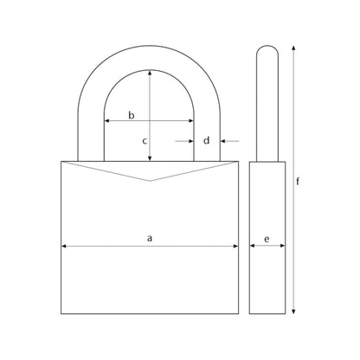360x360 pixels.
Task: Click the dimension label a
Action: coord(149,236)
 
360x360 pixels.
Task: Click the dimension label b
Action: coord(132,114)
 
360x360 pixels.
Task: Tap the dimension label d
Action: coord(206,139)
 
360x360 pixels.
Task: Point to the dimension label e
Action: coord(267,236)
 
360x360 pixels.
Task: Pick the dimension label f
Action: coord(299,182)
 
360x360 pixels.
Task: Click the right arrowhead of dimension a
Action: coord(235,247)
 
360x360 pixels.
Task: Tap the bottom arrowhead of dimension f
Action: coord(294,311)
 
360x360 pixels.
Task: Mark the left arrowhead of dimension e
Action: coord(253,247)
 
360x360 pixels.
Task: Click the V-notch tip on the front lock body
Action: coord(151,180)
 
